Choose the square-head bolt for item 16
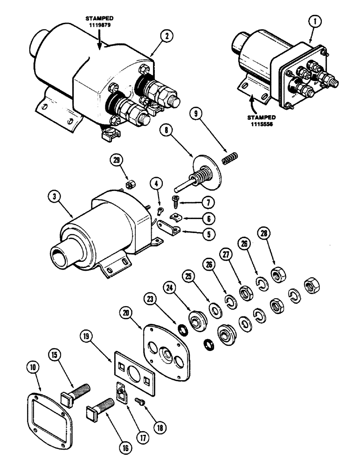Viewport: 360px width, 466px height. point(100,408)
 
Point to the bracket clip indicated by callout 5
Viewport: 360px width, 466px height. point(170,229)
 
